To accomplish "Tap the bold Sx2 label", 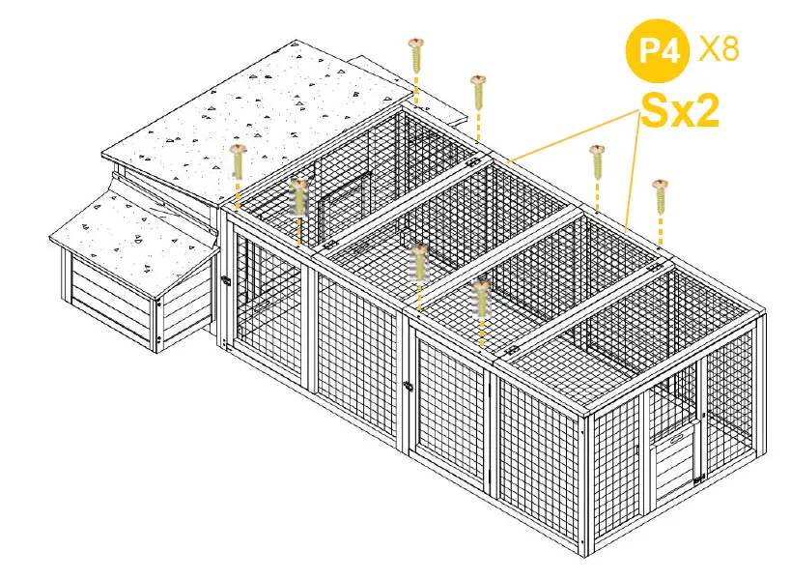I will pyautogui.click(x=681, y=111).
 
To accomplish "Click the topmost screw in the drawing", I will pyautogui.click(x=416, y=54).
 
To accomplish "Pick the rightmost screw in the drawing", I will pyautogui.click(x=660, y=196).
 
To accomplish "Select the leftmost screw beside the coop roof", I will pyautogui.click(x=238, y=161).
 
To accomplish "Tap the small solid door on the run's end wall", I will pyautogui.click(x=672, y=461).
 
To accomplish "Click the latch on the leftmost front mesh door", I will pyautogui.click(x=226, y=281).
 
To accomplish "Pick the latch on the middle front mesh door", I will pyautogui.click(x=409, y=387).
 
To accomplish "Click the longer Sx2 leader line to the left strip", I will pyautogui.click(x=570, y=134).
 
